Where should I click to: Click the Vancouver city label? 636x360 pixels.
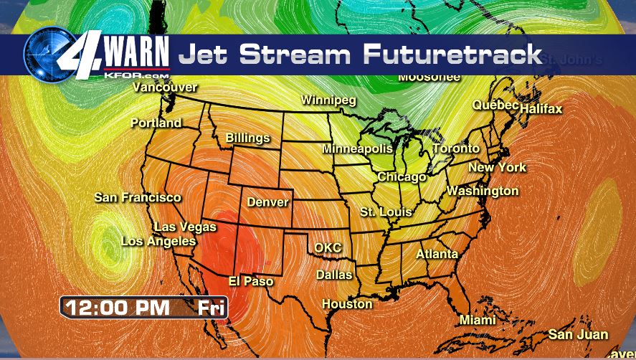(x=165, y=87)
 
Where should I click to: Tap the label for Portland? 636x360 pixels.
(x=156, y=123)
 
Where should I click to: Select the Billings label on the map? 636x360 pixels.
(x=247, y=138)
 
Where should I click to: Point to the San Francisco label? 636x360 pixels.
(x=138, y=197)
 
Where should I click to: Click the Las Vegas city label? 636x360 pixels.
(x=184, y=227)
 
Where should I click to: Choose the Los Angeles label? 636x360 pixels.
(x=158, y=242)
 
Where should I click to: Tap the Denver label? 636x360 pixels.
(x=267, y=202)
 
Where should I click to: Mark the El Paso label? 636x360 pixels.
(x=250, y=282)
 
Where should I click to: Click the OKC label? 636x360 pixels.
(x=328, y=248)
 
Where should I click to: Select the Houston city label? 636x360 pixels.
(x=347, y=304)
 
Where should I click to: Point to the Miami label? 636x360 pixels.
(x=478, y=320)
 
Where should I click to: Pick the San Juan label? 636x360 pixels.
(x=578, y=335)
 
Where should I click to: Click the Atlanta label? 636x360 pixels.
(x=437, y=255)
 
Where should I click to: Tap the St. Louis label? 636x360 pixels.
(x=386, y=212)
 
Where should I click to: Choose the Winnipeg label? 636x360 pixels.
(x=328, y=100)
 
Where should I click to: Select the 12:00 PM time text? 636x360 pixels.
(x=118, y=308)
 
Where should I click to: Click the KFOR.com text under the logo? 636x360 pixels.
(x=136, y=74)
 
